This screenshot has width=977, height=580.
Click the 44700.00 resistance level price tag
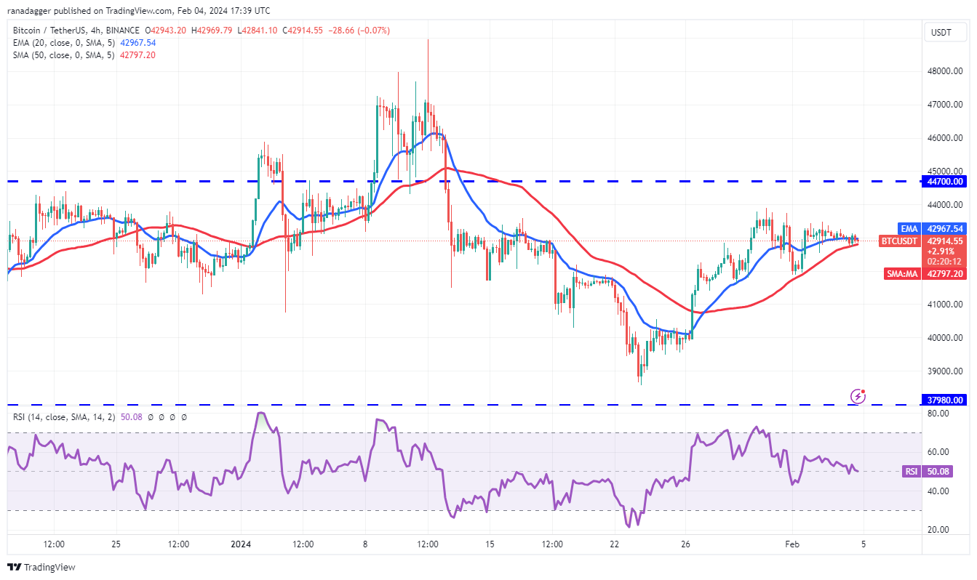tap(944, 182)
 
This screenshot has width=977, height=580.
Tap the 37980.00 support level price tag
tap(944, 400)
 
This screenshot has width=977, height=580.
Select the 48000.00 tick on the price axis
tap(944, 71)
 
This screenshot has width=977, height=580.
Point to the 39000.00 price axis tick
tap(944, 371)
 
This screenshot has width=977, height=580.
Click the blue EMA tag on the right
tap(909, 228)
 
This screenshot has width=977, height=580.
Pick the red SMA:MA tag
tap(904, 274)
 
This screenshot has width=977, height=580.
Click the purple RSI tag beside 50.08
tap(910, 472)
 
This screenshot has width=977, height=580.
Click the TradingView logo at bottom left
tap(41, 567)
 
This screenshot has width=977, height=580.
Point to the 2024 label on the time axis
tap(241, 544)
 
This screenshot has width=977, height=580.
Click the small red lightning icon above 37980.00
tap(858, 396)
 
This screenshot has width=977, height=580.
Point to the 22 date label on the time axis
tap(615, 544)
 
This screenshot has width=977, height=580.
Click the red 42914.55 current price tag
tap(944, 241)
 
